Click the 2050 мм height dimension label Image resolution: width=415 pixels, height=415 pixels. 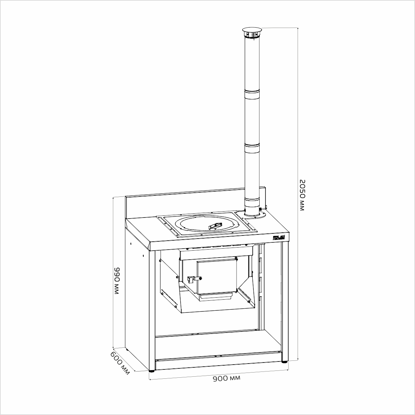point(302,195)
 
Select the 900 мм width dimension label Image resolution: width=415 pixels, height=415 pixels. point(226,379)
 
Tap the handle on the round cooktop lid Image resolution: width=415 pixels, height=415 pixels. point(214,225)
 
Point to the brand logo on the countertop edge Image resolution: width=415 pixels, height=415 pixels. point(278,238)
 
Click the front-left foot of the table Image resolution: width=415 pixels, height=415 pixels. point(152,371)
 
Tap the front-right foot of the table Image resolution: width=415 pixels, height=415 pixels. point(284,361)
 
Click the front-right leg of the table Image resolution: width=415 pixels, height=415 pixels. point(284,300)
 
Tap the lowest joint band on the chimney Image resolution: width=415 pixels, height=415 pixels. point(252,201)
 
